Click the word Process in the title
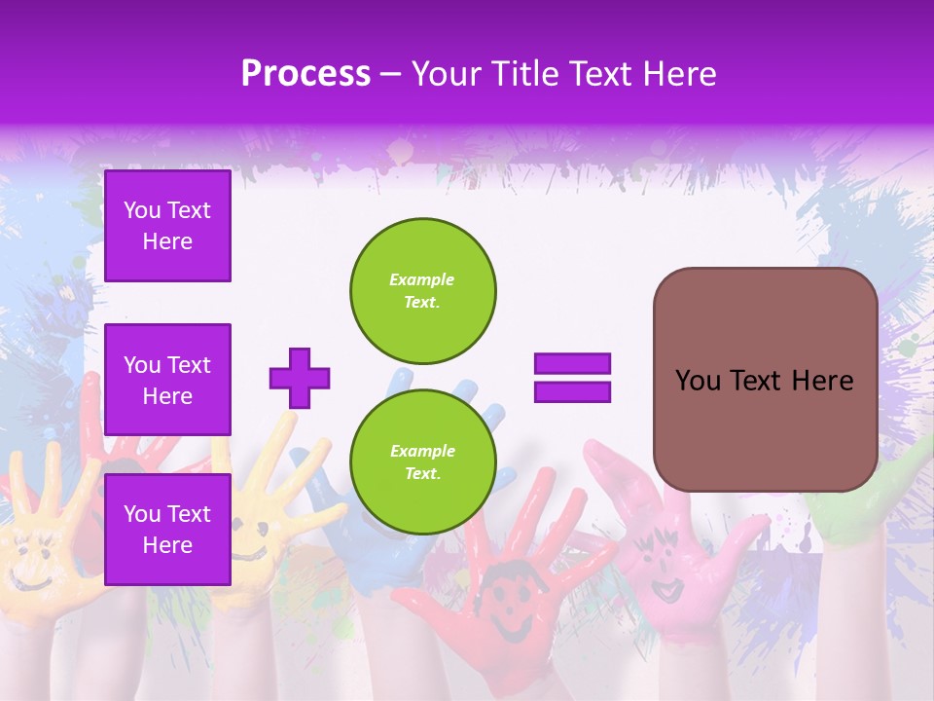click(305, 73)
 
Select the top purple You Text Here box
click(167, 226)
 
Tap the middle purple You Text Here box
click(167, 380)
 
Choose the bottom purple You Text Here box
click(167, 530)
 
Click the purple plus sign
click(300, 378)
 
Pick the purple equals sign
click(572, 378)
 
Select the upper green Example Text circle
click(422, 290)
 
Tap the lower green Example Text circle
click(422, 461)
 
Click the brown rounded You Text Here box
click(765, 380)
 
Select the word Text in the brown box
click(763, 381)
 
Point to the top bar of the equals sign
click(572, 364)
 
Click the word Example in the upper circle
click(421, 279)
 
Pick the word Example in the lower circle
click(422, 451)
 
